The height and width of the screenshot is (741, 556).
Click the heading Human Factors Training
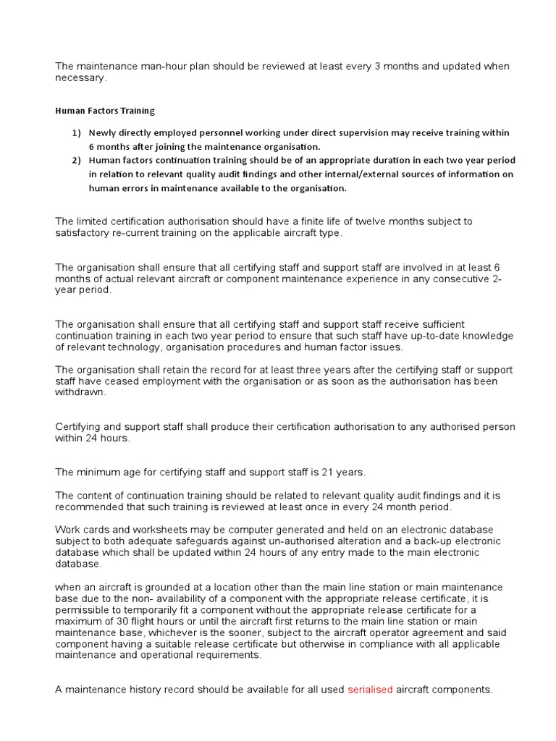105,111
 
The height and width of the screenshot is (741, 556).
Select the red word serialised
370,690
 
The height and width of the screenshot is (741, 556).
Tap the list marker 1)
77,132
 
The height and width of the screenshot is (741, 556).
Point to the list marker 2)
77,160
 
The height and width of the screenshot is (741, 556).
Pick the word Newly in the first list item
102,132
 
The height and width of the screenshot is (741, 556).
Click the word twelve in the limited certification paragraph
349,221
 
